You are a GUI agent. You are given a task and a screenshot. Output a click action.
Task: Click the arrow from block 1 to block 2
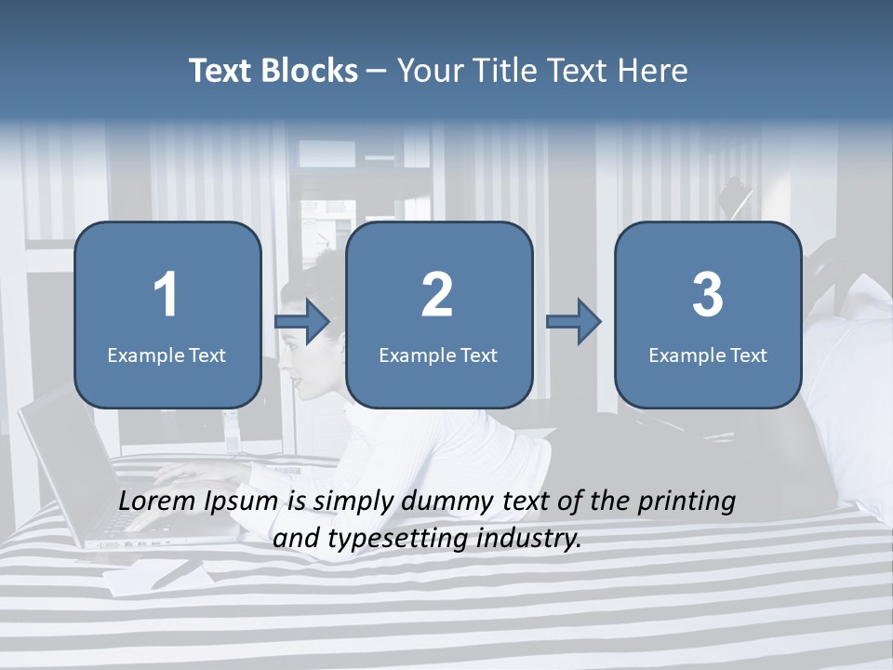[303, 321]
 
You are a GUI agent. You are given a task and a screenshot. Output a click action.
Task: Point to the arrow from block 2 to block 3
[574, 321]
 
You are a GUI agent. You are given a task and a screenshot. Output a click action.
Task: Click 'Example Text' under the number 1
[167, 355]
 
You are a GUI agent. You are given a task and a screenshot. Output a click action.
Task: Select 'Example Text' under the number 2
[438, 355]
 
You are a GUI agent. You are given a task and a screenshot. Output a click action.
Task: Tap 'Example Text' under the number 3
[708, 355]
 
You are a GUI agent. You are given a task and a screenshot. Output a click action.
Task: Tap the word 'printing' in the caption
[686, 502]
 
